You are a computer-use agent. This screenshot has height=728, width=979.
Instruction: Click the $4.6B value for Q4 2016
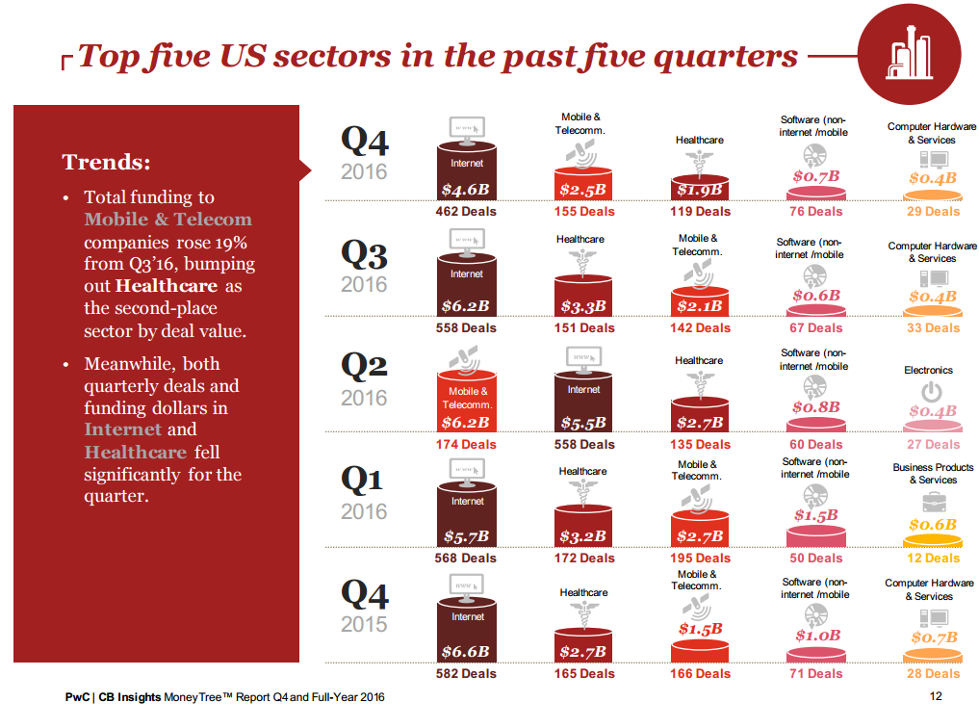466,190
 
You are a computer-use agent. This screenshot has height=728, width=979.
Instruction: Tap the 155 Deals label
583,212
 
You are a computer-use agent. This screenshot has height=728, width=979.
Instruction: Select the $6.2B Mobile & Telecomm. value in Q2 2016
466,423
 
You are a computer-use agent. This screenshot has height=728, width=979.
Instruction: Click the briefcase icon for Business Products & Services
933,502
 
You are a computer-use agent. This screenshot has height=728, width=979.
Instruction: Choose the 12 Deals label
933,559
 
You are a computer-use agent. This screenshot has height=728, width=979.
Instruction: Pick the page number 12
936,696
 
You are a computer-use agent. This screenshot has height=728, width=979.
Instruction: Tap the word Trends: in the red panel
106,162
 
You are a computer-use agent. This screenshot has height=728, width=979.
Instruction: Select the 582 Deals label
466,674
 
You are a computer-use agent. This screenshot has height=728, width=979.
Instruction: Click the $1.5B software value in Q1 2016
815,516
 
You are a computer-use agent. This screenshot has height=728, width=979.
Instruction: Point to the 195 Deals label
700,559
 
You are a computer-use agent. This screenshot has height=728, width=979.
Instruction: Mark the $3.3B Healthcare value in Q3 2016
583,306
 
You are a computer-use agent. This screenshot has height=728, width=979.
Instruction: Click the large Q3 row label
364,255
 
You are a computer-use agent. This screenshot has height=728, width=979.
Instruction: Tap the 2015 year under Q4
364,624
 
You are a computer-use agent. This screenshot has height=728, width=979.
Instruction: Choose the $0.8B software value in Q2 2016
815,407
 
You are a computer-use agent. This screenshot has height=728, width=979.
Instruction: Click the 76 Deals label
815,212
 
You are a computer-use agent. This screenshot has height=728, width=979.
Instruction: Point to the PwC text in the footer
78,696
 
